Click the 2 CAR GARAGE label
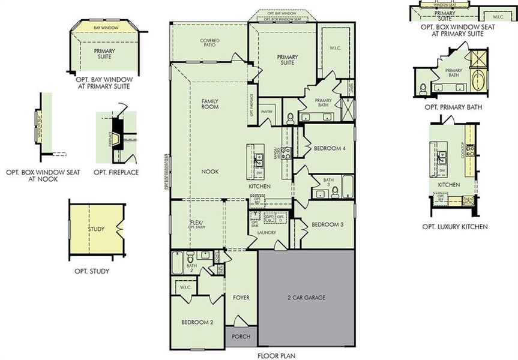click(306, 297)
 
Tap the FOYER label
click(241, 297)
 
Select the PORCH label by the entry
click(241, 337)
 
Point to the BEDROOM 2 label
click(197, 323)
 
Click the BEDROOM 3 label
click(328, 224)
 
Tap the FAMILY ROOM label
click(209, 103)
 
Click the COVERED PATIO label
click(209, 43)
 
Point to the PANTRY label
click(267, 111)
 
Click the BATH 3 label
click(328, 182)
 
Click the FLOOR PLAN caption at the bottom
click(276, 355)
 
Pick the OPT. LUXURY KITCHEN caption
click(454, 227)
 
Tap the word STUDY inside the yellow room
click(97, 229)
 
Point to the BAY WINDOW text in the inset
click(105, 28)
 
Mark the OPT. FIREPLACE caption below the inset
click(116, 173)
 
